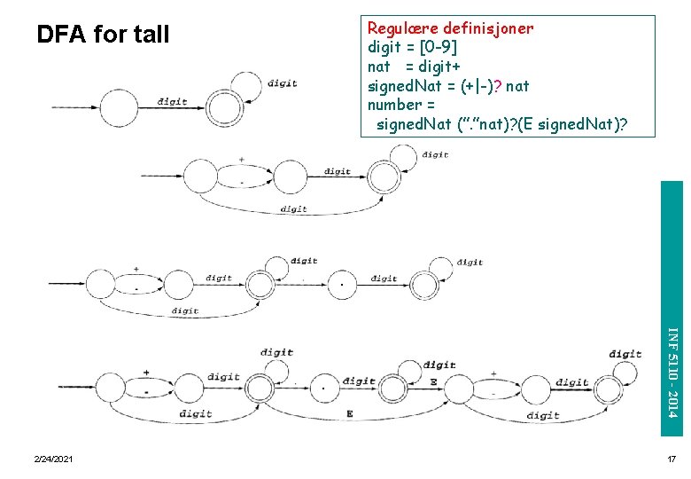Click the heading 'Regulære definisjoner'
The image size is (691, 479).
click(x=450, y=27)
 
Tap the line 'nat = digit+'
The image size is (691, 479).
click(x=413, y=66)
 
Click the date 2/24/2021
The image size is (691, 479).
click(x=54, y=459)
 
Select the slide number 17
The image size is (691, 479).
click(x=671, y=459)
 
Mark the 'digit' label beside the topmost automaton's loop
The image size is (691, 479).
click(x=283, y=84)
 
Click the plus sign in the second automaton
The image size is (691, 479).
click(x=241, y=160)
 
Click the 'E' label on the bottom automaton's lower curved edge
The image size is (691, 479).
click(x=350, y=413)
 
